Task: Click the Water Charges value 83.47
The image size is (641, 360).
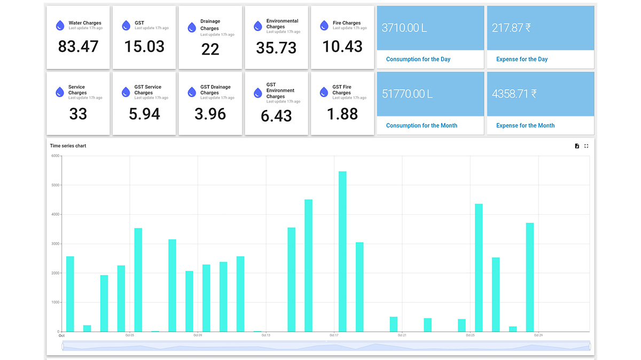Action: click(78, 47)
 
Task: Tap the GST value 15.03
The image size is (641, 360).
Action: click(144, 47)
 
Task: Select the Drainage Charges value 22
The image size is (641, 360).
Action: click(210, 50)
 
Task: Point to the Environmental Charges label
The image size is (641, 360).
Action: click(282, 24)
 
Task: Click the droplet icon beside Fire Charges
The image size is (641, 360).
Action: click(324, 26)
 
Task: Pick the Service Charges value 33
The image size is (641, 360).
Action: click(78, 114)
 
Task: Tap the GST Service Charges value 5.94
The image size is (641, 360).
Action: click(144, 114)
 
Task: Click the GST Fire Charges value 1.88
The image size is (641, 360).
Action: click(342, 114)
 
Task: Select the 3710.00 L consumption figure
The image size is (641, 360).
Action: click(404, 28)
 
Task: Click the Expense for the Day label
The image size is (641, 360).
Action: click(522, 59)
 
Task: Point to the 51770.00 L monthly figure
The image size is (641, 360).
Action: click(407, 94)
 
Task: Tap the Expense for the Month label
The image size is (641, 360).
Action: click(525, 126)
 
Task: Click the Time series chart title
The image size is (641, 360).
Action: click(68, 146)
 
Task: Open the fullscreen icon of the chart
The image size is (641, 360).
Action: click(586, 146)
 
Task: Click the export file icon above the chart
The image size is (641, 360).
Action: click(577, 146)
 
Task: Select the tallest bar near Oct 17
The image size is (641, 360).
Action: click(342, 251)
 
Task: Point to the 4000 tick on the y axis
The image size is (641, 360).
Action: click(55, 214)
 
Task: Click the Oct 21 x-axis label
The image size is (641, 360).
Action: click(402, 335)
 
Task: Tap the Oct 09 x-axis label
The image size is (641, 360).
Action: click(198, 335)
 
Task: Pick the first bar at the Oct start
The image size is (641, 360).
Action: click(70, 294)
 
